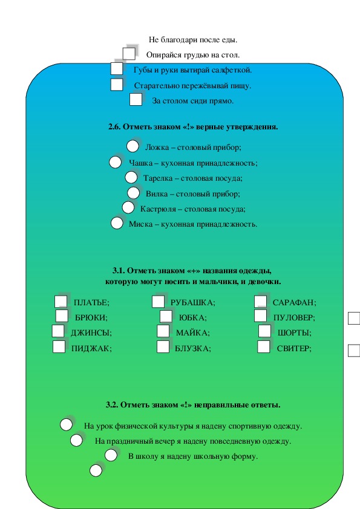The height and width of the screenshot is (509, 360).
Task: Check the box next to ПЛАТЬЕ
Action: tap(61, 301)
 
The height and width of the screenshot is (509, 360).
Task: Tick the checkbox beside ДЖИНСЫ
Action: tap(58, 331)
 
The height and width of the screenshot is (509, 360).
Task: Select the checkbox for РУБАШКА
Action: tap(158, 302)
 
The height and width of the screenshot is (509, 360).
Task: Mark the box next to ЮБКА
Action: tap(166, 316)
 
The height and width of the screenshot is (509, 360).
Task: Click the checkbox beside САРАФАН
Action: tap(260, 301)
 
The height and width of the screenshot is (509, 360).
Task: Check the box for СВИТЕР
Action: tap(264, 347)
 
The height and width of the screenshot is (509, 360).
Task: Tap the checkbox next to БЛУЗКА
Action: tap(163, 347)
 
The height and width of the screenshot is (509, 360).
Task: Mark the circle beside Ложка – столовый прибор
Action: tap(133, 146)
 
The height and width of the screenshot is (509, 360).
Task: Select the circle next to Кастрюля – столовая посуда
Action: tap(128, 208)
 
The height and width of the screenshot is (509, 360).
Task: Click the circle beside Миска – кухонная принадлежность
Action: tap(117, 223)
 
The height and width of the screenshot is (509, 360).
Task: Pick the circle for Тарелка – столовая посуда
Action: tap(131, 178)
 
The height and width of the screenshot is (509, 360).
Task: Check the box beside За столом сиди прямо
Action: tap(136, 100)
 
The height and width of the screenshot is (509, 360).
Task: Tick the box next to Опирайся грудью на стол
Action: tap(129, 54)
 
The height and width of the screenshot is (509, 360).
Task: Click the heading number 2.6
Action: tap(114, 127)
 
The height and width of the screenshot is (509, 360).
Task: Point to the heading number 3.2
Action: tap(112, 405)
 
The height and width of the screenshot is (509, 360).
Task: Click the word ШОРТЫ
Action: tap(294, 333)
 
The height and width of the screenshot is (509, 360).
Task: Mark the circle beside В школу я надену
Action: tap(111, 455)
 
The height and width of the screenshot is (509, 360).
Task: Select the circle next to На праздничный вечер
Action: tap(76, 441)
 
